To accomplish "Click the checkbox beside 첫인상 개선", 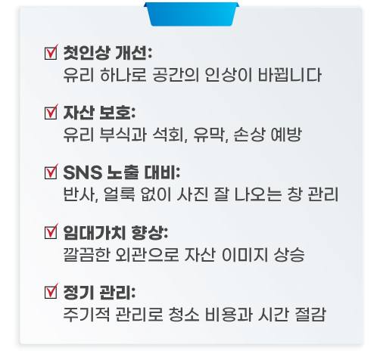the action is click(51, 52).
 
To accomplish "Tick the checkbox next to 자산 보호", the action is click(51, 112).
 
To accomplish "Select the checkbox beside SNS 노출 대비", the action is click(51, 172).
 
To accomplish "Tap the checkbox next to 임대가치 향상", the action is click(51, 231).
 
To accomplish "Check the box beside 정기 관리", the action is click(51, 291).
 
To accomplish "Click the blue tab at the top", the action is click(192, 14).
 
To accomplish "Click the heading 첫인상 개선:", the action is click(107, 53).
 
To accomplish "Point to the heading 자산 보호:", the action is click(99, 113).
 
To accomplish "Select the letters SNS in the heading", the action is click(83, 172).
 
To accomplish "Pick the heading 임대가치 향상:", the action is click(116, 232).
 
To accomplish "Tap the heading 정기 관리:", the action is click(99, 292).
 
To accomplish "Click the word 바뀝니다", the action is click(290, 75).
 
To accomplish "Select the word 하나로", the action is click(123, 75).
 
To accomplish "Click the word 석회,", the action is click(170, 135).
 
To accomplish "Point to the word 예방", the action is click(286, 135).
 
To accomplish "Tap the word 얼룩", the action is click(120, 194).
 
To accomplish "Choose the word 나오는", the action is click(258, 194).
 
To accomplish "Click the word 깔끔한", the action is click(86, 254).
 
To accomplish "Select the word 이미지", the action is click(245, 254).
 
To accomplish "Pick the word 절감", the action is click(310, 314).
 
